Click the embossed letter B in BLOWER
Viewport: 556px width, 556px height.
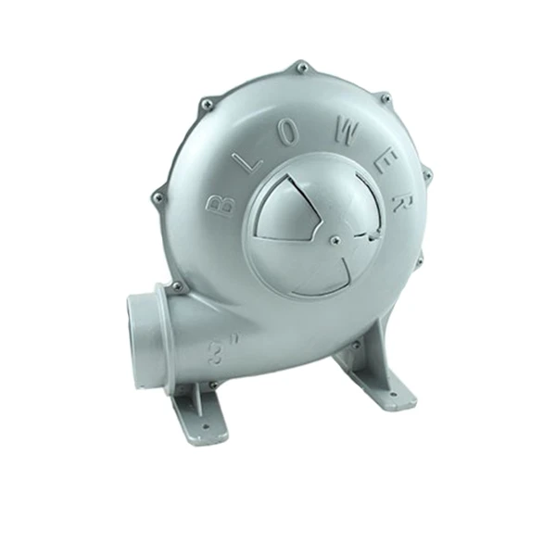click(220, 207)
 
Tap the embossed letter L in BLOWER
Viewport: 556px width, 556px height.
click(251, 161)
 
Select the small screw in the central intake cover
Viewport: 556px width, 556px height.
click(335, 240)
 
